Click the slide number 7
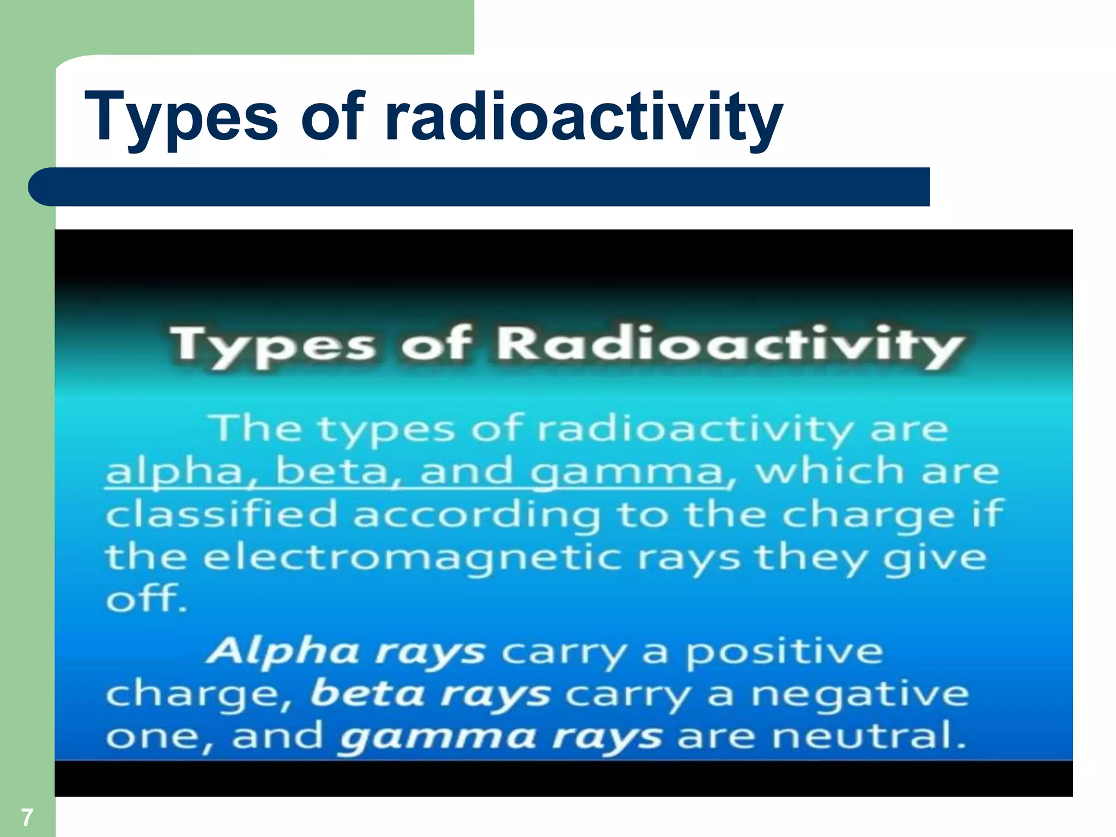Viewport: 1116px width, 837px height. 27,817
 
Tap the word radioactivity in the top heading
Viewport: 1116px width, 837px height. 583,117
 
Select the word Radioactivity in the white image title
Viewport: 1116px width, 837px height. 730,345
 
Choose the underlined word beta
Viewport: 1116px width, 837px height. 332,471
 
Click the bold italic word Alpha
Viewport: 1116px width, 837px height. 283,652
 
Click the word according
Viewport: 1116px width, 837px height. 477,515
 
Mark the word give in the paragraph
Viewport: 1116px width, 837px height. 934,559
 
